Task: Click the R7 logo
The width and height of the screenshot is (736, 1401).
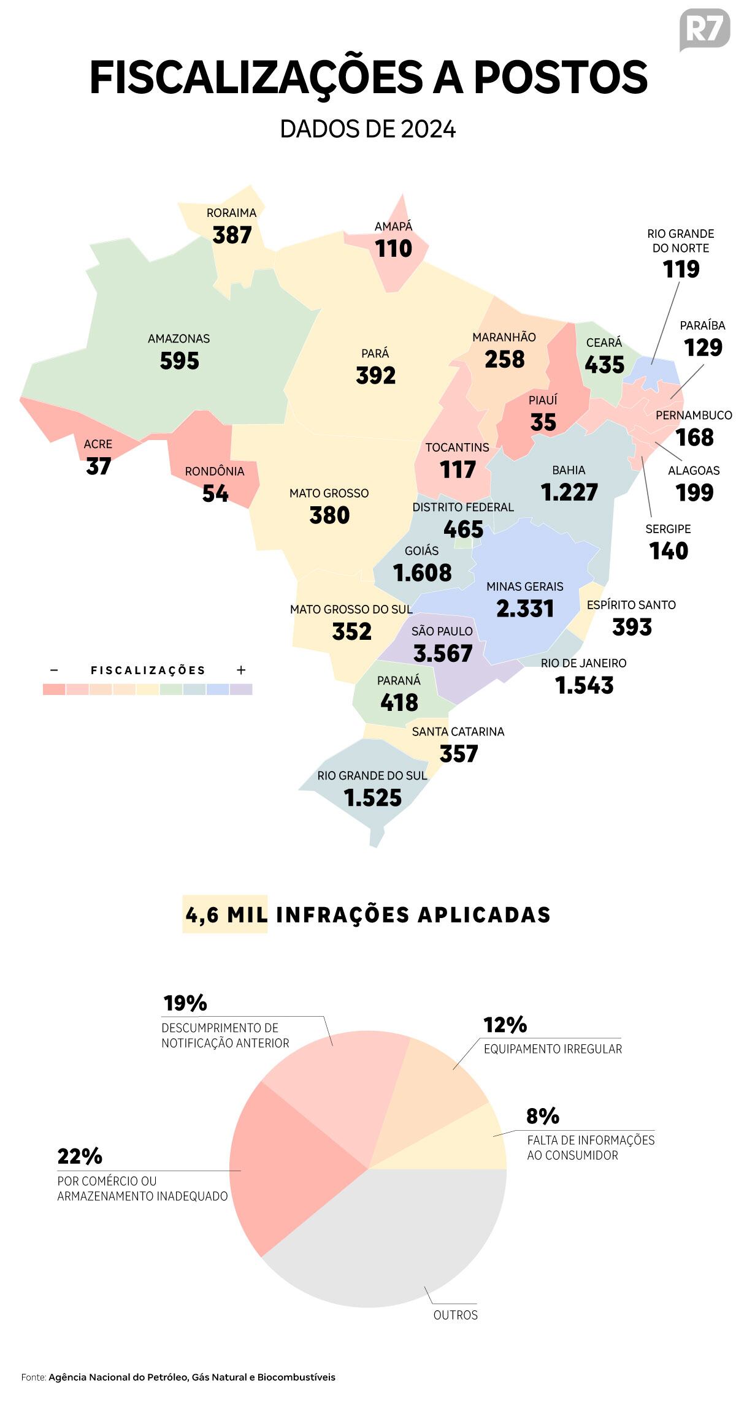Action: (x=705, y=29)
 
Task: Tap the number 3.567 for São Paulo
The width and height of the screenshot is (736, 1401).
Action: (x=443, y=653)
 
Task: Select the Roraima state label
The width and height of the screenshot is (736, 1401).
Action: (x=231, y=213)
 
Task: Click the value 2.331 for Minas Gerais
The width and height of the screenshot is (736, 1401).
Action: (x=525, y=609)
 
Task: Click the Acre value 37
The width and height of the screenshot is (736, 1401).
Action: (x=98, y=466)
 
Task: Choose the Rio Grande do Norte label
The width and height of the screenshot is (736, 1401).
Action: (x=681, y=241)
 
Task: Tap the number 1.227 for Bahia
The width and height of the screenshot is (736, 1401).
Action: (x=569, y=492)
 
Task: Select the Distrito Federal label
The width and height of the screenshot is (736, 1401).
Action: (x=463, y=507)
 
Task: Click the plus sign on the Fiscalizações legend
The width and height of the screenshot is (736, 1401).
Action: (x=241, y=670)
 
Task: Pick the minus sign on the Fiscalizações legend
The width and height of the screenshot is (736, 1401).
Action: (x=54, y=670)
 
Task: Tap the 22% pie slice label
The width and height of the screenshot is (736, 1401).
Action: (x=80, y=1156)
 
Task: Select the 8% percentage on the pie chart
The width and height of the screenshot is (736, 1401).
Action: (x=543, y=1116)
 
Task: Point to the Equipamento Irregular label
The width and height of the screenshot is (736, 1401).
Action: (x=553, y=1049)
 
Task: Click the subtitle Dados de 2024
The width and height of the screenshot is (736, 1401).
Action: (x=368, y=129)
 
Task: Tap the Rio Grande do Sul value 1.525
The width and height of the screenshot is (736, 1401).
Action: (x=372, y=798)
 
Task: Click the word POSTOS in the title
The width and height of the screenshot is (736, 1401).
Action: (x=561, y=78)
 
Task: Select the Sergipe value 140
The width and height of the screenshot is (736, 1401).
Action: (x=669, y=551)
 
